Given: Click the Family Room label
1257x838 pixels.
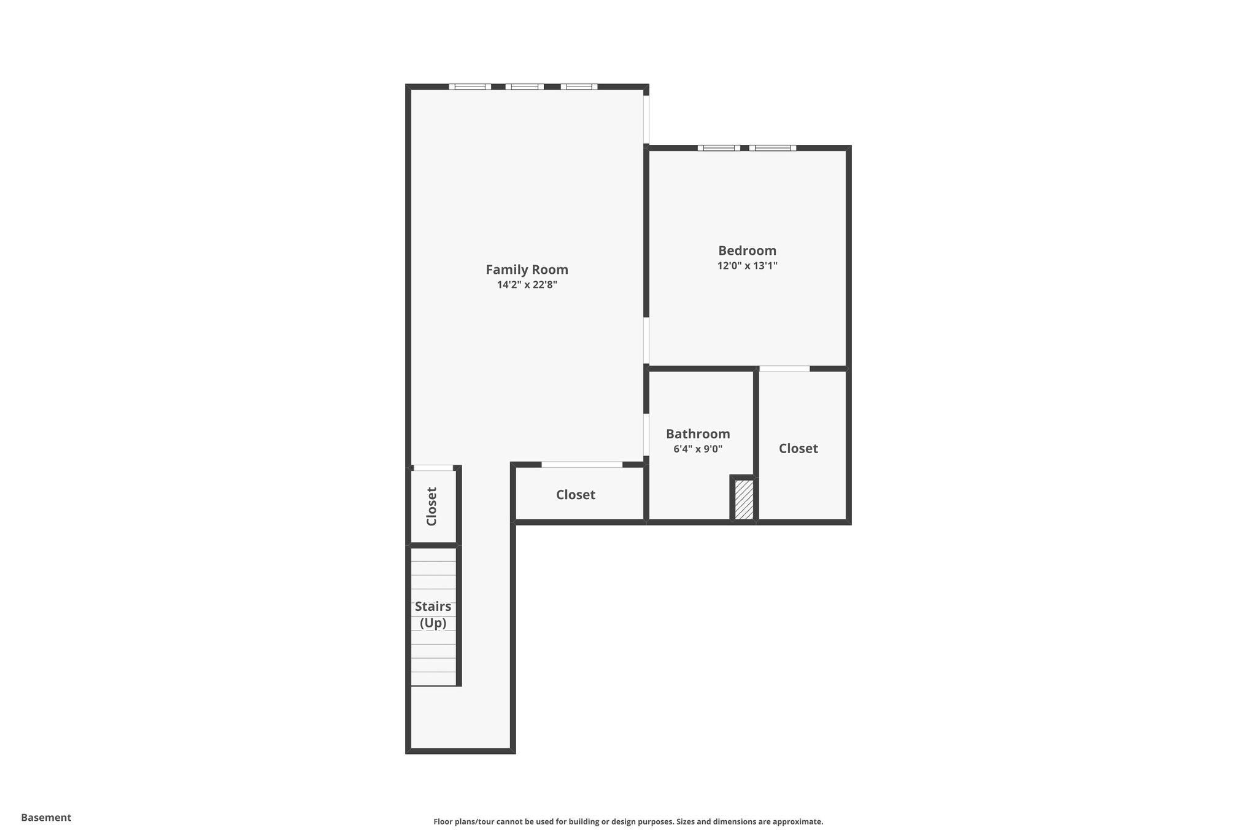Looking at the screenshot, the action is (527, 270).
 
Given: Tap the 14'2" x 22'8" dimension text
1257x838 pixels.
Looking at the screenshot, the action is (527, 285).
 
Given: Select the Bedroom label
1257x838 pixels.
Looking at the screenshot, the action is (747, 250).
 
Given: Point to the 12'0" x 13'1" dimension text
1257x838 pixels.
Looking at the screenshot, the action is (747, 266).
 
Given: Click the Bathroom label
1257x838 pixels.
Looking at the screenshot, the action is (698, 434).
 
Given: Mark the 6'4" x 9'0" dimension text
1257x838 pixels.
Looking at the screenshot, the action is (698, 449).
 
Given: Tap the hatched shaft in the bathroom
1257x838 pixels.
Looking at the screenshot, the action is (744, 499).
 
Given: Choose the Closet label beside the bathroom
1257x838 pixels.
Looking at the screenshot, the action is (798, 449).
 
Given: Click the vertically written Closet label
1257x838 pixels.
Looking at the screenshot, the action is (431, 506).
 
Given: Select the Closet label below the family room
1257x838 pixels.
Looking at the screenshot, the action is (576, 495).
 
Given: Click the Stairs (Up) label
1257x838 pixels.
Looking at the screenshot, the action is (433, 615).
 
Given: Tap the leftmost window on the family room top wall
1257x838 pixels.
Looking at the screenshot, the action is (470, 87).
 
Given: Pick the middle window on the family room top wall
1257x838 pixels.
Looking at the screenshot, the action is (525, 87).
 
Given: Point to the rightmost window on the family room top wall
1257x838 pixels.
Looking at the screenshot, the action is (579, 87).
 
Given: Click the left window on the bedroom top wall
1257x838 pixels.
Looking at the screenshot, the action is (719, 148).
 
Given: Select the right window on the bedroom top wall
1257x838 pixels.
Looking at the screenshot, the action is (773, 148).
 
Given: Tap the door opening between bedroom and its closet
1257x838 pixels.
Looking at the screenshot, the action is (784, 369).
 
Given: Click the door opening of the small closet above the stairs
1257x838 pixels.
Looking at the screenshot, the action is (433, 468).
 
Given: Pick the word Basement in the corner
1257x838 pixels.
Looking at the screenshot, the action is (46, 818).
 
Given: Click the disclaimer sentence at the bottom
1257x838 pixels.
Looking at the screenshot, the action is (628, 821).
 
